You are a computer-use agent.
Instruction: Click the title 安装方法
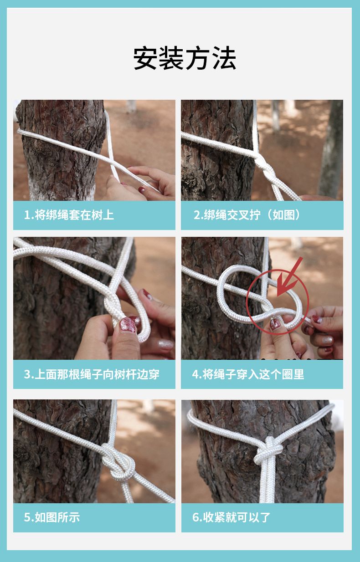click(x=185, y=58)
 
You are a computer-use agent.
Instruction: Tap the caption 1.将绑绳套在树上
click(x=69, y=215)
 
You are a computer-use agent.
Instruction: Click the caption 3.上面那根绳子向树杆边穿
click(x=92, y=374)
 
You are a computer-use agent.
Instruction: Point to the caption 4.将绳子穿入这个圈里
click(x=248, y=374)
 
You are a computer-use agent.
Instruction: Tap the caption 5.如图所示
click(x=51, y=517)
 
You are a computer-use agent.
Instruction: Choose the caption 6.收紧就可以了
click(x=231, y=517)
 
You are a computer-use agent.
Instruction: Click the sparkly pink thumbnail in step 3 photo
click(x=128, y=325)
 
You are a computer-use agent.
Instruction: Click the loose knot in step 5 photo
click(x=118, y=461)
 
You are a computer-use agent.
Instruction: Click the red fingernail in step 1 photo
click(x=142, y=189)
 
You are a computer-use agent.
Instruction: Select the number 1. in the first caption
click(x=29, y=215)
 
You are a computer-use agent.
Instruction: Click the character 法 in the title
click(x=224, y=58)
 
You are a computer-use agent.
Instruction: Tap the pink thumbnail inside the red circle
click(x=275, y=325)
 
